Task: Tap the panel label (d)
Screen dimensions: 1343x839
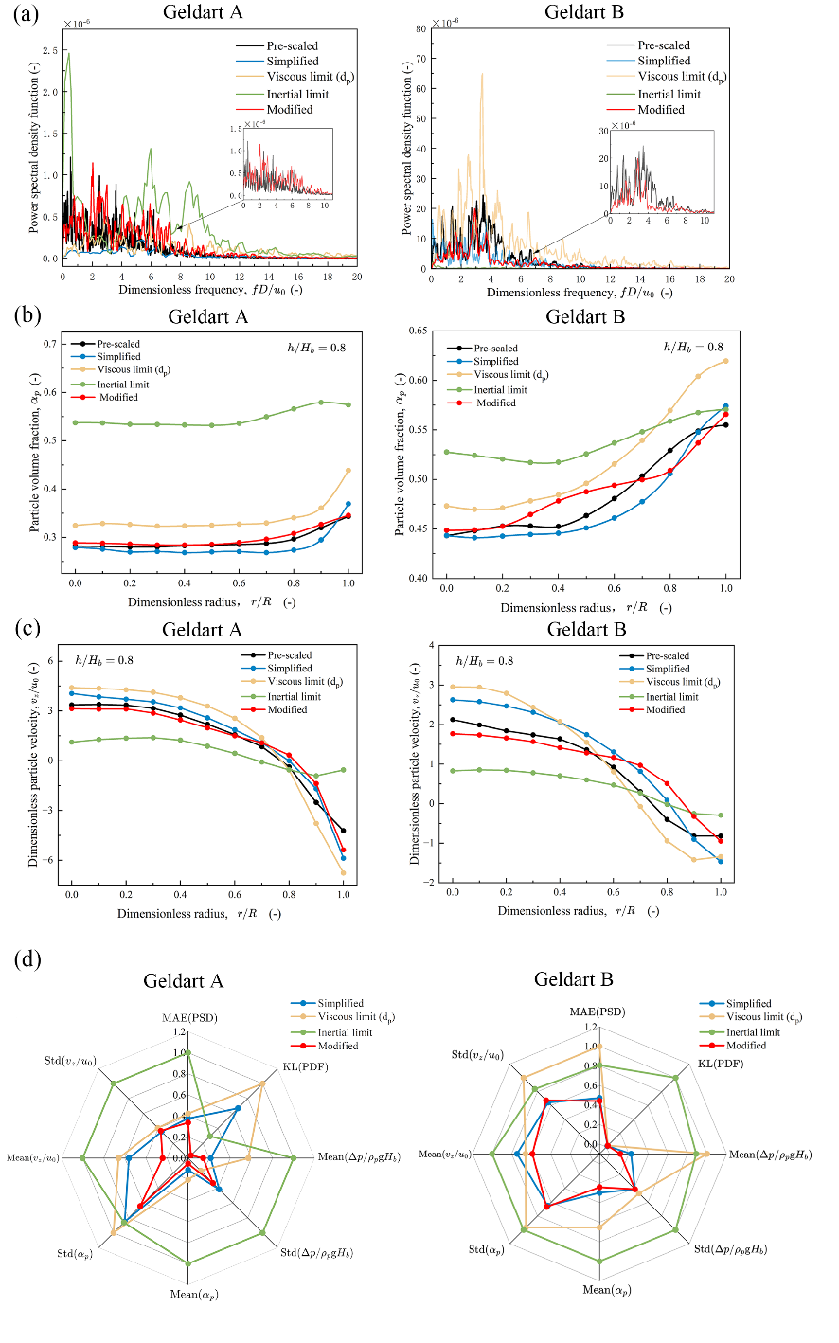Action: click(28, 959)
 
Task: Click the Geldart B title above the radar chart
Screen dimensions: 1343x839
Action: click(573, 979)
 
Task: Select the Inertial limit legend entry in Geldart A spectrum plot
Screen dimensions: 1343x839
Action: click(297, 94)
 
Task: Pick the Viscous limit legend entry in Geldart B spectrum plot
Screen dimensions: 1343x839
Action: click(683, 77)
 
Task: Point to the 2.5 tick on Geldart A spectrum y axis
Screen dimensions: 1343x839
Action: click(49, 50)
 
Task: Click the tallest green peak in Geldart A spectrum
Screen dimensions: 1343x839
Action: click(68, 54)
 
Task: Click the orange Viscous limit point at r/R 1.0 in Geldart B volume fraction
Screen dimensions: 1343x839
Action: click(725, 361)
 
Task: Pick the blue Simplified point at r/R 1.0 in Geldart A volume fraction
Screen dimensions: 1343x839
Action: click(348, 504)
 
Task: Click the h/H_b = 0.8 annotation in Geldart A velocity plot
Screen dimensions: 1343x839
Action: click(104, 660)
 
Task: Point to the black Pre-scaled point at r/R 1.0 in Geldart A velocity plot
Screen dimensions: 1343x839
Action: click(343, 831)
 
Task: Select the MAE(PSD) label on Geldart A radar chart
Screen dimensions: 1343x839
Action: click(188, 1018)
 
